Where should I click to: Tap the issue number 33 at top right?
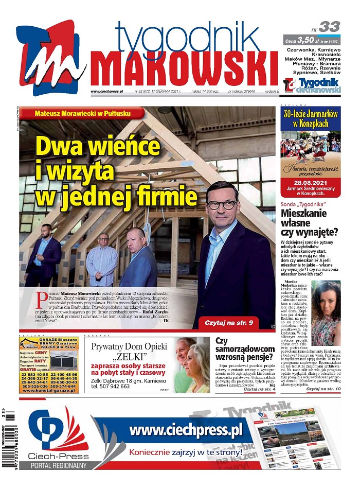tap(329, 27)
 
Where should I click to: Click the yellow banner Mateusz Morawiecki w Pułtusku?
tap(82, 113)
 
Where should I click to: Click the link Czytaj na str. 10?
tap(323, 389)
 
